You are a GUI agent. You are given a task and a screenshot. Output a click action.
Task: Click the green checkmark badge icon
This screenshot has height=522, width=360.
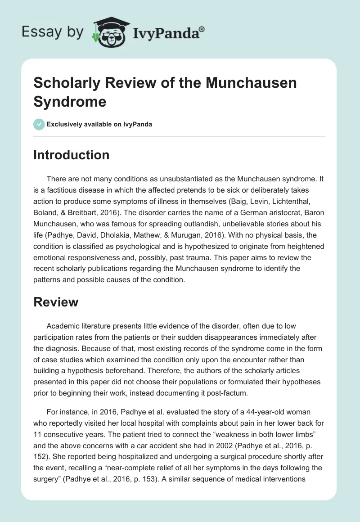click(x=39, y=124)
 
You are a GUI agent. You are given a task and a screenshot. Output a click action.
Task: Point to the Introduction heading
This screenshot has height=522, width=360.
click(x=72, y=155)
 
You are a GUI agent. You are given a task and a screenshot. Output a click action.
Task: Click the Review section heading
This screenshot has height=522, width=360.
click(x=56, y=302)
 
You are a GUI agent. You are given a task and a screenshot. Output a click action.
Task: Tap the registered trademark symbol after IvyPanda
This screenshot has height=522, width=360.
click(x=202, y=28)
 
